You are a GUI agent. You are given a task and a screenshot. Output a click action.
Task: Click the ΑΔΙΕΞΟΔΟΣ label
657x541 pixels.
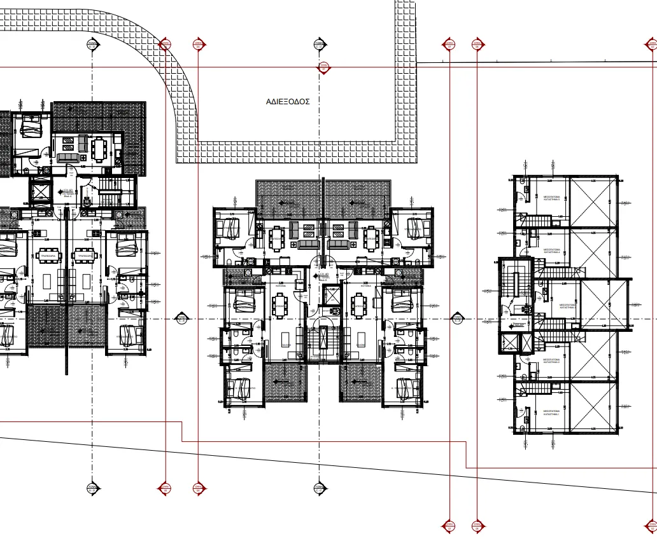[x=288, y=101]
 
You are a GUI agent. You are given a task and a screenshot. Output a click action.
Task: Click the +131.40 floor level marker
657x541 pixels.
[x=323, y=276]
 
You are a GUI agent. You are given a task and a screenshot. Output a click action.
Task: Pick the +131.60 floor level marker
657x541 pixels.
[x=67, y=191]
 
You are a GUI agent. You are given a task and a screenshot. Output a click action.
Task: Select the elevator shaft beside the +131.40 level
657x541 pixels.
[x=331, y=295]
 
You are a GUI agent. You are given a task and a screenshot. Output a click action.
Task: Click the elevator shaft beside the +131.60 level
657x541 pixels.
[x=41, y=191]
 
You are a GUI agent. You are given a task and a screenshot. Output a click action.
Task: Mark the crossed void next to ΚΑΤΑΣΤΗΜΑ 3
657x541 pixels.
[x=605, y=305]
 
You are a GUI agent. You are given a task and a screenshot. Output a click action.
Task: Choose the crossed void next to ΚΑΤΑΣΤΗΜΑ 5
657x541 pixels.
[x=593, y=202]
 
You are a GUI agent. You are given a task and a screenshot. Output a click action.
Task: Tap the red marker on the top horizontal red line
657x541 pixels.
[x=323, y=67]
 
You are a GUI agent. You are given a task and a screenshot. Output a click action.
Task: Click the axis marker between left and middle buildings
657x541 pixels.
[x=181, y=318]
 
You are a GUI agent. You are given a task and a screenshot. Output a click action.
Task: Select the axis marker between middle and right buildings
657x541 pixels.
[x=456, y=318]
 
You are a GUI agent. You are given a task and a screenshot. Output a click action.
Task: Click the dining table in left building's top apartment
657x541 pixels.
[x=99, y=149]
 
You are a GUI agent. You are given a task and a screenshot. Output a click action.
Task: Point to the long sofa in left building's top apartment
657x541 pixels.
[x=67, y=158]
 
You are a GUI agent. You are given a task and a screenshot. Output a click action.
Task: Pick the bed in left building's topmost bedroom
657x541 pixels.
[x=30, y=125]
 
